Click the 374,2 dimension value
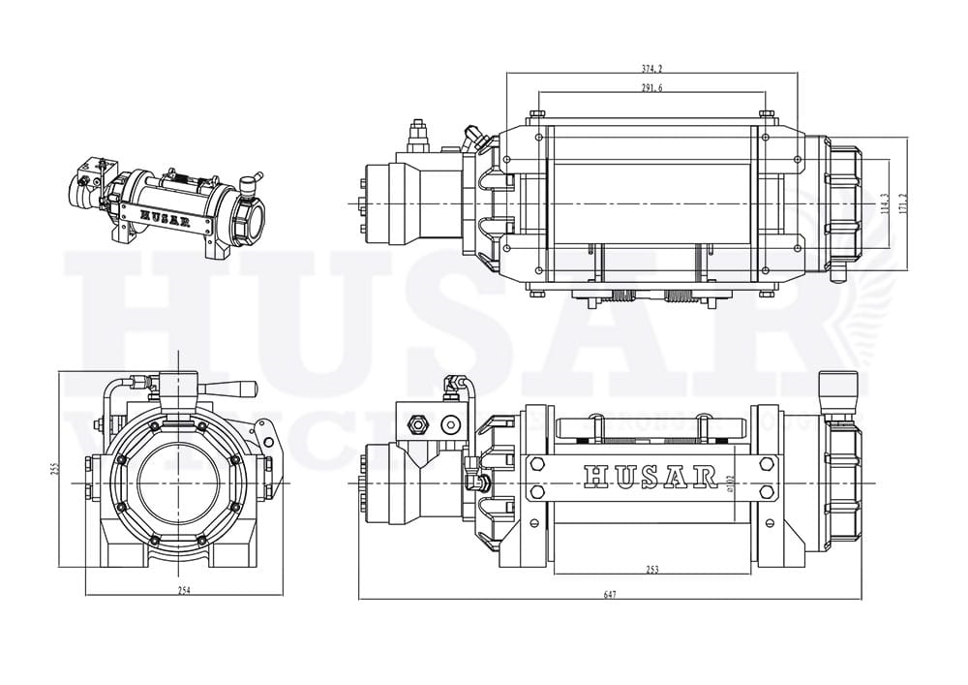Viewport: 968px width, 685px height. click(x=651, y=69)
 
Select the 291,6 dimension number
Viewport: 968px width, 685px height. click(x=651, y=87)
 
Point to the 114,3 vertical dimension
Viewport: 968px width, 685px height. click(x=885, y=202)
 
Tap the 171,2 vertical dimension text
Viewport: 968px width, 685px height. click(x=904, y=202)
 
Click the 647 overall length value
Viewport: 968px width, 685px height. click(x=610, y=595)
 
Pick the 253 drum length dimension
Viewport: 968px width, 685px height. click(x=651, y=570)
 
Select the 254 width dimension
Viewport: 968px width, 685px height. click(x=183, y=591)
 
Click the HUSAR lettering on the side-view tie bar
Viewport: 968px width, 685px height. click(x=650, y=477)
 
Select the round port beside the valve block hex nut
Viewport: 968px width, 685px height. click(x=449, y=424)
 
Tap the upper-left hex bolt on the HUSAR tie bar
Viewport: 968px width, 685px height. click(x=534, y=464)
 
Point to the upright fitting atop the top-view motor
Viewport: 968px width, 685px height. click(x=418, y=135)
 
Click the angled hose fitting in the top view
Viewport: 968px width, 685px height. click(x=472, y=138)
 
